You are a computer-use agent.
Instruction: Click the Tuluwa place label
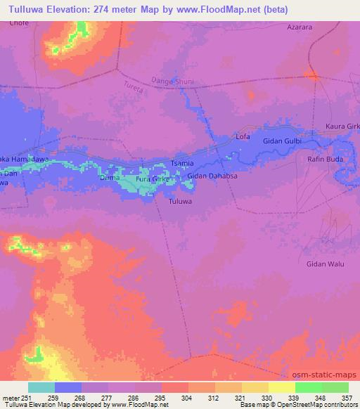[x=181, y=202]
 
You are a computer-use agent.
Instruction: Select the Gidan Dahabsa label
[x=212, y=176]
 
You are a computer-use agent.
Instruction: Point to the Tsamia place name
[x=183, y=163]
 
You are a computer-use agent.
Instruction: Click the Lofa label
[x=243, y=136]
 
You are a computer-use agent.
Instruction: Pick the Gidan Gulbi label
[x=282, y=141]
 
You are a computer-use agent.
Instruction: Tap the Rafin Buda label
[x=324, y=159]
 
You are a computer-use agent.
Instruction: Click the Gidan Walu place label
[x=324, y=264]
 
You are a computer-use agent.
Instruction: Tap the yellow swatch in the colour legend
[x=281, y=387]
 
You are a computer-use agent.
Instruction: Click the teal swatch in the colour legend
[x=41, y=387]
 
